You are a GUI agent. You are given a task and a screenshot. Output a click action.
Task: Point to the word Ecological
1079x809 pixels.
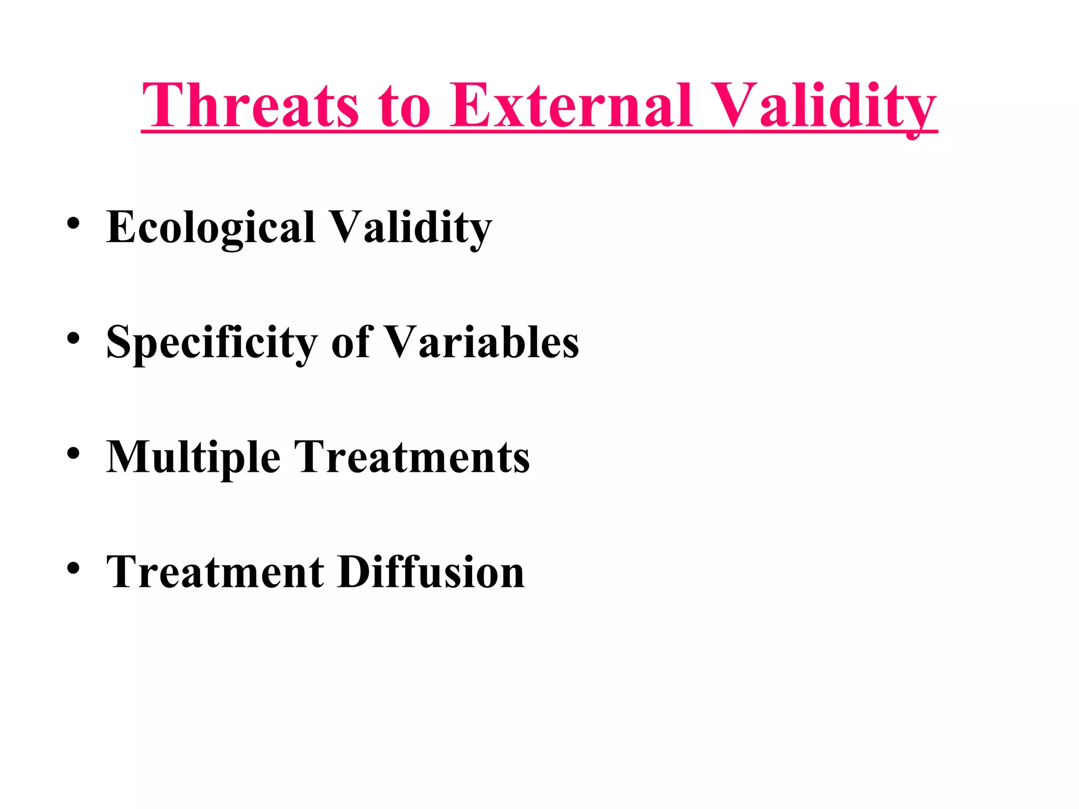(211, 228)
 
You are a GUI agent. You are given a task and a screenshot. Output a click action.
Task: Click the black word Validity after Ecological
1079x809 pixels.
(410, 228)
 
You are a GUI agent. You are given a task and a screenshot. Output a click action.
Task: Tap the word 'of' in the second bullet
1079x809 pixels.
(350, 342)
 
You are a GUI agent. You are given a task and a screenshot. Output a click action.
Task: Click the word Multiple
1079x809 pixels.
(193, 457)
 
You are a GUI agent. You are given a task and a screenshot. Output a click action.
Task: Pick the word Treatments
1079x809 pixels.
(411, 457)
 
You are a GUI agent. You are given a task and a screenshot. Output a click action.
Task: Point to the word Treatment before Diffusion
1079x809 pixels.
(215, 572)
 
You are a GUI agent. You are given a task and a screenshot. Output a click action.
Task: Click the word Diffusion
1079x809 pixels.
(431, 572)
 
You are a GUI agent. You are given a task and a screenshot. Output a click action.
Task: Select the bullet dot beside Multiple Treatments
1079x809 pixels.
(73, 453)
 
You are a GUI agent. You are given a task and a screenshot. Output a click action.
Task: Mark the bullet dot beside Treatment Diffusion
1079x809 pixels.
(73, 568)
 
